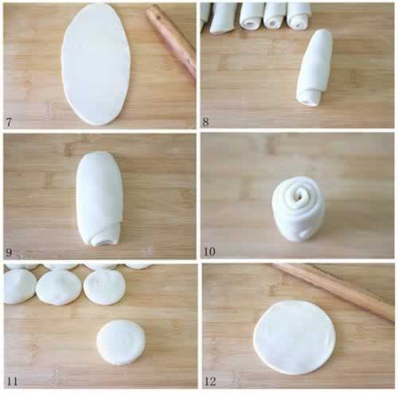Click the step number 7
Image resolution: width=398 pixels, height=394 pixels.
9,122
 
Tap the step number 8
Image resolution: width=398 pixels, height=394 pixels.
205,122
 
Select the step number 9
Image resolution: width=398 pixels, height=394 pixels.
9,252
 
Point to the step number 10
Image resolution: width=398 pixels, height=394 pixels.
209,251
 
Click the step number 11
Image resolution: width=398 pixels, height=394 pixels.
12,381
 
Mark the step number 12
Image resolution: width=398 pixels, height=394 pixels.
210,381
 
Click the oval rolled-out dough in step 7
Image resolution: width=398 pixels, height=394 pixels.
96,64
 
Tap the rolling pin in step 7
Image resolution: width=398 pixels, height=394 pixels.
172,41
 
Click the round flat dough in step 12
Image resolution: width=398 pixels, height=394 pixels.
295,337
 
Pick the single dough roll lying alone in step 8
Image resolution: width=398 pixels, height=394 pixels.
314,67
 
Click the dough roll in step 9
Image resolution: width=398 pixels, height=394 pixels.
99,199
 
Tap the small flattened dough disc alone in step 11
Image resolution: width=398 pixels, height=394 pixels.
121,342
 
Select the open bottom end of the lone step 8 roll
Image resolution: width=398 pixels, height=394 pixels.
310,102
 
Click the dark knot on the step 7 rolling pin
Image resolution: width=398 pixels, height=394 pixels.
159,17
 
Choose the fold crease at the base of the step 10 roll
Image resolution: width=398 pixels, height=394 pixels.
305,234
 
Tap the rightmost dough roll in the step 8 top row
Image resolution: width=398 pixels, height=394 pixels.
298,16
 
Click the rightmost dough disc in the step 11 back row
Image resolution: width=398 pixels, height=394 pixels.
104,288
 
